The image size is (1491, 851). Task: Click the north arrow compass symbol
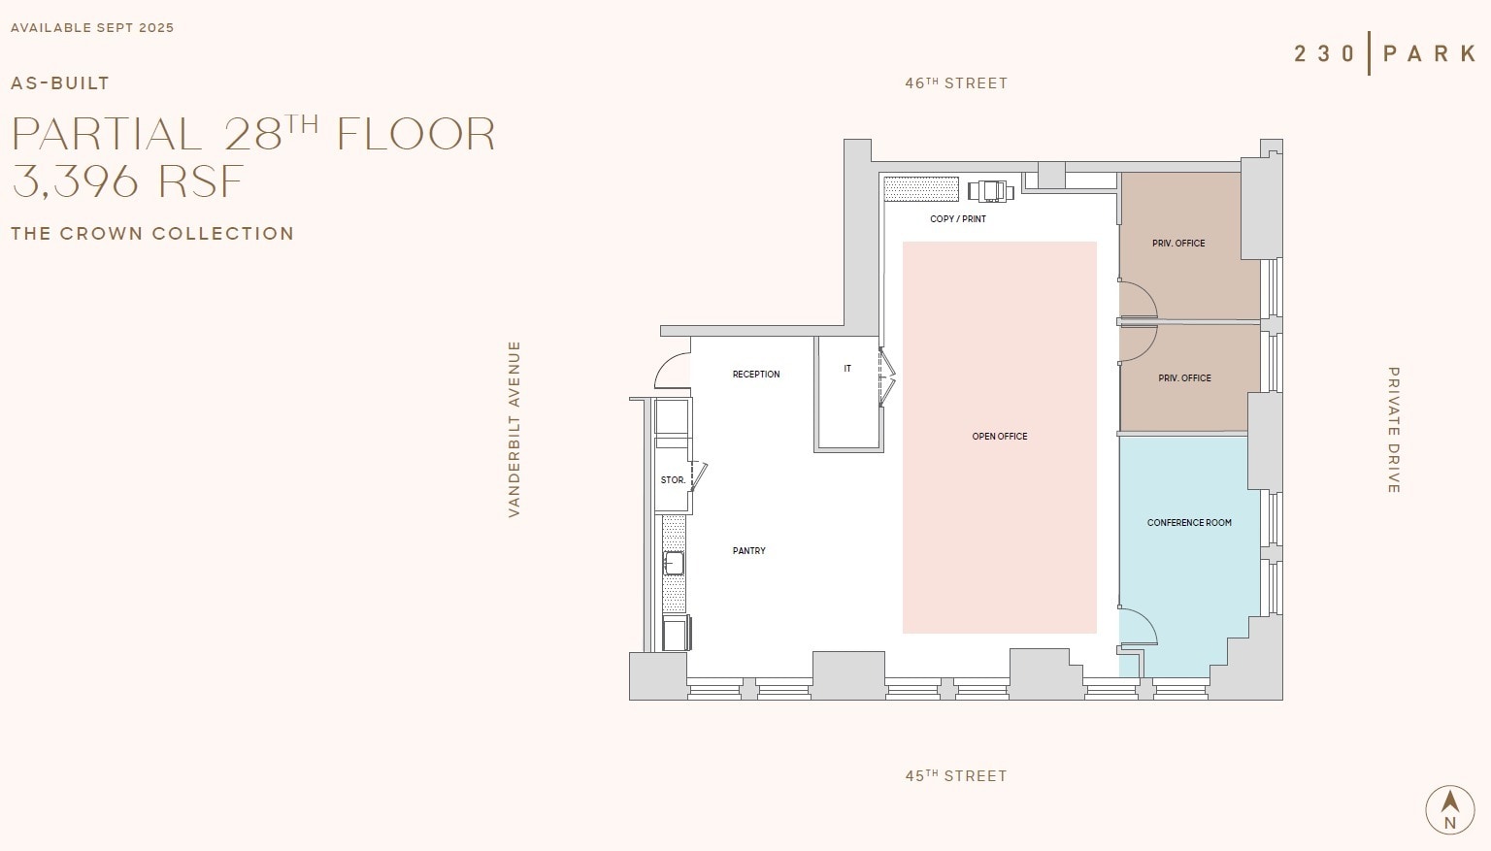pos(1449,809)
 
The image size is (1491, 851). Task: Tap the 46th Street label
pos(956,83)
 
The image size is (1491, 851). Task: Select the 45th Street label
pos(956,776)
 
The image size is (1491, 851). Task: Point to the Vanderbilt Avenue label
pos(514,429)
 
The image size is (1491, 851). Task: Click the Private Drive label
pos(1394,430)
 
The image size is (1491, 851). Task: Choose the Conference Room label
pos(1189,523)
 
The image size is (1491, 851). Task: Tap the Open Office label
pos(999,437)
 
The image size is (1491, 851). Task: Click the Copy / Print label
pos(957,219)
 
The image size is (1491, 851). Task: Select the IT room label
pos(847,369)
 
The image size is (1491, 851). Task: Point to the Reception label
pos(755,375)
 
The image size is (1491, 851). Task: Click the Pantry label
pos(748,551)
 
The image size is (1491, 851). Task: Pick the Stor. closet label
pos(673,480)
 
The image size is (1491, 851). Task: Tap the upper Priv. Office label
pos(1178,244)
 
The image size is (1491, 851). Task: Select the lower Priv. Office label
pos(1184,378)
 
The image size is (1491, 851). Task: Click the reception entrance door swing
pos(672,372)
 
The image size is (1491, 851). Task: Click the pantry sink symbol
pos(674,563)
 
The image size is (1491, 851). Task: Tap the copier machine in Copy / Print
pos(990,190)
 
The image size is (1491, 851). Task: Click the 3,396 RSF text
pos(127,181)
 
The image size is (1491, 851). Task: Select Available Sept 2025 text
pos(92,27)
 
